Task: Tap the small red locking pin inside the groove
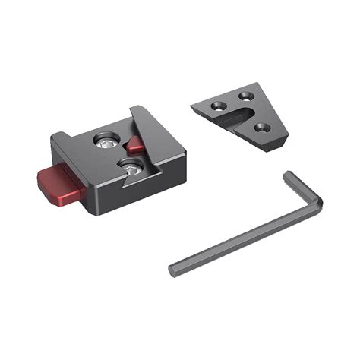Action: tap(135, 144)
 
